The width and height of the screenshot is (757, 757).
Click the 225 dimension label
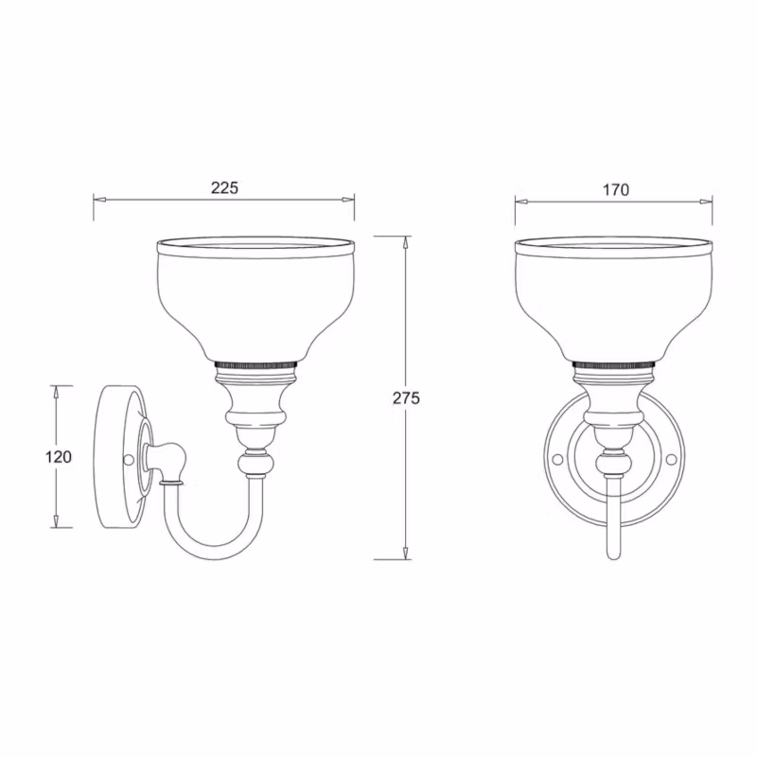(224, 187)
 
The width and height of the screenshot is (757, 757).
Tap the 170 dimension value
(616, 190)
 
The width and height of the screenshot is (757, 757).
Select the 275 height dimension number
(406, 398)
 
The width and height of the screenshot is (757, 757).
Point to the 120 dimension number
(59, 456)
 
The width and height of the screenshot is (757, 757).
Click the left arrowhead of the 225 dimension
(99, 199)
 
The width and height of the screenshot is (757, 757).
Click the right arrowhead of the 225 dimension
(348, 199)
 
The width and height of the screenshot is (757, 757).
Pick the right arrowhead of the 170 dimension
(706, 202)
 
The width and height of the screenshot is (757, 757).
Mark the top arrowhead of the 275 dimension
(406, 242)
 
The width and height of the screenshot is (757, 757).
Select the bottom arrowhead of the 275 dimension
(406, 554)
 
